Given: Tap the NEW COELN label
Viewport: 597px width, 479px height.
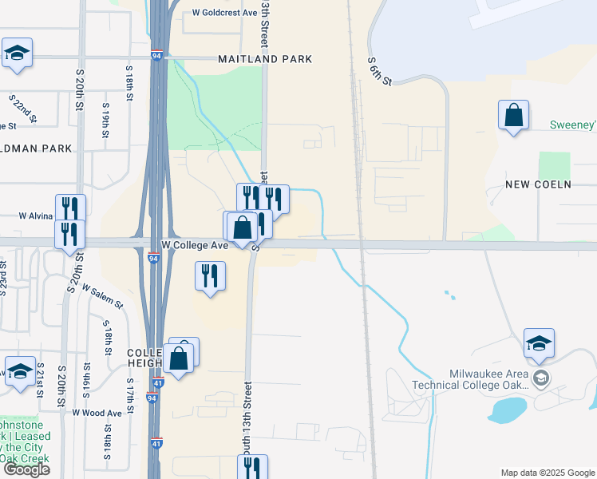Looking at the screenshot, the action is [538, 184].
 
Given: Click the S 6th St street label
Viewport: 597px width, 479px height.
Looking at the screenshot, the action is [380, 71].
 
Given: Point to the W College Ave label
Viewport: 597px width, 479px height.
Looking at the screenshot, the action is [195, 245].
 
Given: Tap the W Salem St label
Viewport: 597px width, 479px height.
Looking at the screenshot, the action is [101, 299].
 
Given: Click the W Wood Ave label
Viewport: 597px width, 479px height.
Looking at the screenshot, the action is [97, 413].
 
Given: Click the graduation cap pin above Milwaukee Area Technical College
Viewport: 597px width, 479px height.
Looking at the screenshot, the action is [539, 343].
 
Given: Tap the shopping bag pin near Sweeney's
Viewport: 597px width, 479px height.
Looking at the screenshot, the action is [513, 115].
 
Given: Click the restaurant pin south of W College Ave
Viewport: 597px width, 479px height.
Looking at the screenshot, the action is [210, 276].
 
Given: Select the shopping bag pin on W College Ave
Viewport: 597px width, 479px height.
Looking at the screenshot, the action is [242, 228].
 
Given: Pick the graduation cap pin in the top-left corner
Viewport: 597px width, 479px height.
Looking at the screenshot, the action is [17, 53].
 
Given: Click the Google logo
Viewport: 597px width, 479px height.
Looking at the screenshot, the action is [26, 469].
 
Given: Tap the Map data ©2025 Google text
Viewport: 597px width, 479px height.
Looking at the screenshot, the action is [548, 473].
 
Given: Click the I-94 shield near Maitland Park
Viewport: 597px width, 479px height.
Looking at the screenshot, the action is [155, 57].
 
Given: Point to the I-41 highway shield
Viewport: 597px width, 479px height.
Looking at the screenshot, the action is [156, 443].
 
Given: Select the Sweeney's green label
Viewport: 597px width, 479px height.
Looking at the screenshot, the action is [573, 125].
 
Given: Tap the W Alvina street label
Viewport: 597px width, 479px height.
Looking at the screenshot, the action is [35, 216].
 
